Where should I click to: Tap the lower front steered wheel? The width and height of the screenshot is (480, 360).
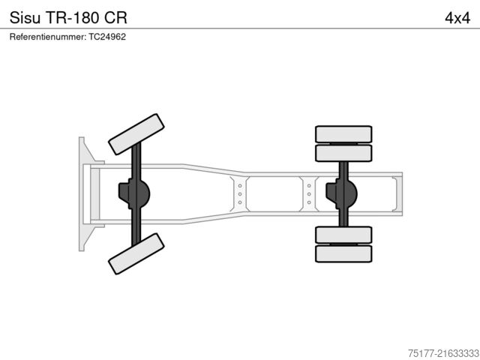(x=136, y=253)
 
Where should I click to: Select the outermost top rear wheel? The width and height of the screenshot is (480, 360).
(x=343, y=134)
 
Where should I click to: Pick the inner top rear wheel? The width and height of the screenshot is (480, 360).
(x=343, y=153)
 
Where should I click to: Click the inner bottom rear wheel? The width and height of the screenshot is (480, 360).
(x=343, y=235)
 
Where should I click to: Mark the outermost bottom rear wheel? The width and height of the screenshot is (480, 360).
(x=343, y=253)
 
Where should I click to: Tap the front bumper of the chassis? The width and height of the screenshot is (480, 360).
(x=82, y=194)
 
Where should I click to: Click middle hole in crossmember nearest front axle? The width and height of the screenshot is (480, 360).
(x=240, y=194)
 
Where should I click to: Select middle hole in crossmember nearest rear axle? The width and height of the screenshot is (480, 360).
(x=309, y=194)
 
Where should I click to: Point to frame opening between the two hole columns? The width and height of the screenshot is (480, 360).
(x=274, y=194)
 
